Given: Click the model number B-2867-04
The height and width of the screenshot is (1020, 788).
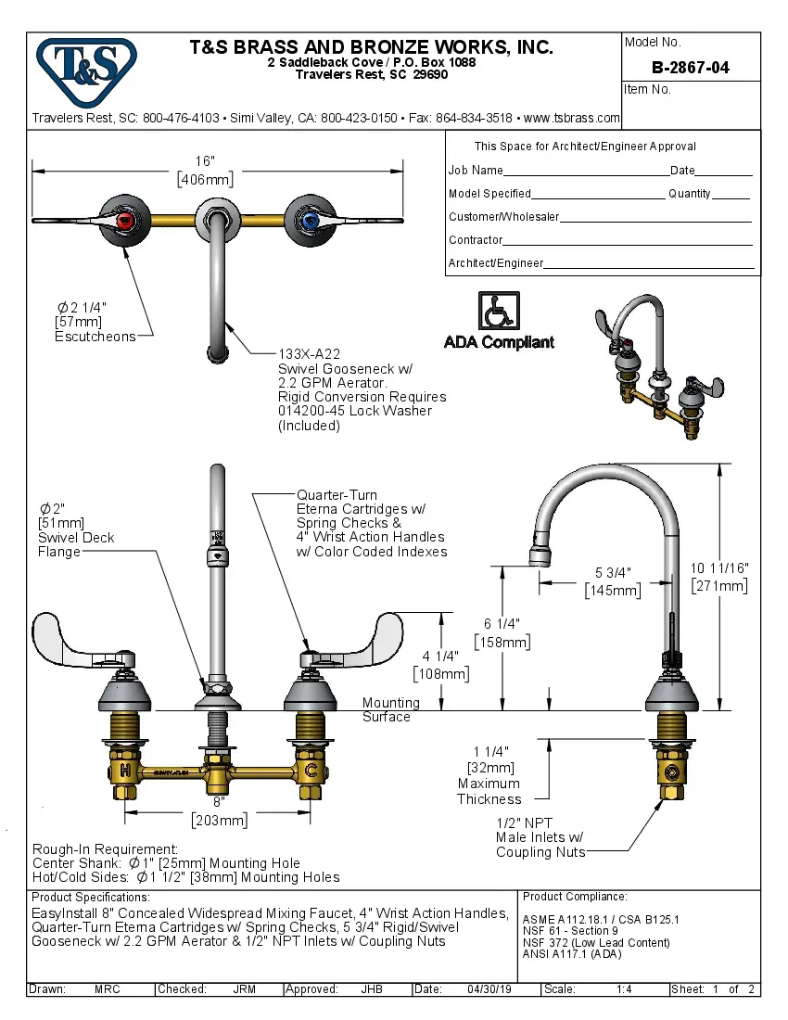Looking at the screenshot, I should (690, 67).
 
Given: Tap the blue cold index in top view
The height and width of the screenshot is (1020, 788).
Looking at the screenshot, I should (308, 220).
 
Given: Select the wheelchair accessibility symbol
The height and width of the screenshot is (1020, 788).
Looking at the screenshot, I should (499, 310).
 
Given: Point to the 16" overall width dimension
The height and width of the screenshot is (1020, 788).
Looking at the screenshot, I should (205, 161).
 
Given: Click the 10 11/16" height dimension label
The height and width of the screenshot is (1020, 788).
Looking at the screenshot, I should (719, 567).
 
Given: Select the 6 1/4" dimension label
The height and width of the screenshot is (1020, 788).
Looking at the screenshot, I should (502, 624).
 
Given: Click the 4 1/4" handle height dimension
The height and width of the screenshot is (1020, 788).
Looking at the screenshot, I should (441, 657).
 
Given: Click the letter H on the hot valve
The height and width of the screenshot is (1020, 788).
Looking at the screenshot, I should (124, 770).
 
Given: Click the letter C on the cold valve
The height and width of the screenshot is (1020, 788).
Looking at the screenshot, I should (312, 770).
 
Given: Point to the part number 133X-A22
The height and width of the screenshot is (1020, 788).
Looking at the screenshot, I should (310, 354).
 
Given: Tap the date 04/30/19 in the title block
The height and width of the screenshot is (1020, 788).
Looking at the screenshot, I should (489, 989).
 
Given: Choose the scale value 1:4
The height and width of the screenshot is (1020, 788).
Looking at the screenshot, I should (624, 989).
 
